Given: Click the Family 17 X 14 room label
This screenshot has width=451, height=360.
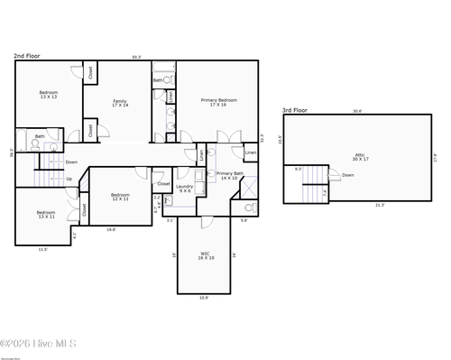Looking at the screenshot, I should pyautogui.click(x=120, y=103).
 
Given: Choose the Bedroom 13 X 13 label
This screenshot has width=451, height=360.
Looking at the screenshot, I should pyautogui.click(x=49, y=95).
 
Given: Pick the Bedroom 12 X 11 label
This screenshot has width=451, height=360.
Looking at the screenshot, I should pyautogui.click(x=120, y=197).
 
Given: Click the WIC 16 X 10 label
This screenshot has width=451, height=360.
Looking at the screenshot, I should pyautogui.click(x=206, y=256).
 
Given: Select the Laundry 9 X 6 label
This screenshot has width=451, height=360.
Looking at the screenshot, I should pyautogui.click(x=185, y=188).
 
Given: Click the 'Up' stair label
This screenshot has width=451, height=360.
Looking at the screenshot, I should pyautogui.click(x=69, y=179).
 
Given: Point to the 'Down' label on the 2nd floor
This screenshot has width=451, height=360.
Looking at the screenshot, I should pyautogui.click(x=71, y=162).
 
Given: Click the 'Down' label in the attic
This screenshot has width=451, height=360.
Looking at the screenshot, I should pyautogui.click(x=347, y=175).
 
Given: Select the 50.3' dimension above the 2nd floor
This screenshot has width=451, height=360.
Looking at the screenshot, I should pyautogui.click(x=136, y=58).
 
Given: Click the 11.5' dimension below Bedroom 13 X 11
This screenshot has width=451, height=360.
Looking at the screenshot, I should pyautogui.click(x=42, y=249).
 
